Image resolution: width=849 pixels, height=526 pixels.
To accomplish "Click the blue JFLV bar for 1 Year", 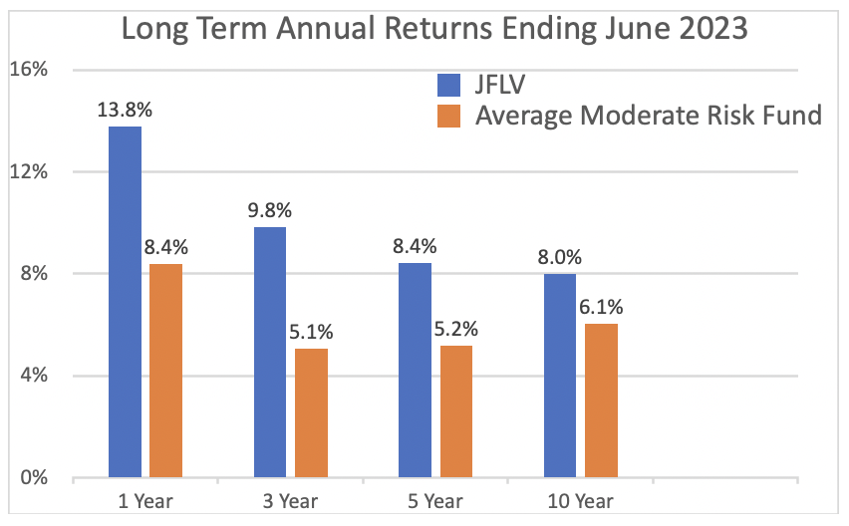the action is [126, 302].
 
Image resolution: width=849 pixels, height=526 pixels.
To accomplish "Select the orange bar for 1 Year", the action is [165, 371].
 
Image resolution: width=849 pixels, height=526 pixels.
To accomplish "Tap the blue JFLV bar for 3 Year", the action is [270, 353].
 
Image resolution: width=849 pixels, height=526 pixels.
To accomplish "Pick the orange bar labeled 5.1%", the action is [311, 412].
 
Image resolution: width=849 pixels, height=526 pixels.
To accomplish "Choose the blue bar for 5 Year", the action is [415, 371].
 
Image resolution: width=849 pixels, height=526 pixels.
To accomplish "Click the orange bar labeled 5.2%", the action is [456, 411].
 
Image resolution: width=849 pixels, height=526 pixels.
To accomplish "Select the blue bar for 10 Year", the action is [560, 376].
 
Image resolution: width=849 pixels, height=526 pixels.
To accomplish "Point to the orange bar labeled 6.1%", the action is [601, 400].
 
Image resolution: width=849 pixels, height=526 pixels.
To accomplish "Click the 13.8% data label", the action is [125, 111].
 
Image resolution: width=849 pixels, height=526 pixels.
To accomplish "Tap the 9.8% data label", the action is [270, 210].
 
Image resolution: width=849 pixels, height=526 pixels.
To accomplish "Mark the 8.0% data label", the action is [559, 257].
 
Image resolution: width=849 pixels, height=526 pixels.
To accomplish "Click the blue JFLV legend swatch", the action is [448, 85].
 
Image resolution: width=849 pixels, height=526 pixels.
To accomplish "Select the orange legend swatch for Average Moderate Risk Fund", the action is [448, 116].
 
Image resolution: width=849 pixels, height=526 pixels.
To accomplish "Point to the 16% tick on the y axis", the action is [29, 70].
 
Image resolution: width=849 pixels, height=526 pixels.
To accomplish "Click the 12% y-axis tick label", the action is [29, 171].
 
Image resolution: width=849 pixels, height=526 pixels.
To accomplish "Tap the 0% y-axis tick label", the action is [34, 477].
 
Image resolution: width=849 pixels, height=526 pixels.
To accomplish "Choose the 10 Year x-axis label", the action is [580, 501].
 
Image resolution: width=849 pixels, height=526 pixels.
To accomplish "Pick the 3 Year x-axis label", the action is [290, 501].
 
